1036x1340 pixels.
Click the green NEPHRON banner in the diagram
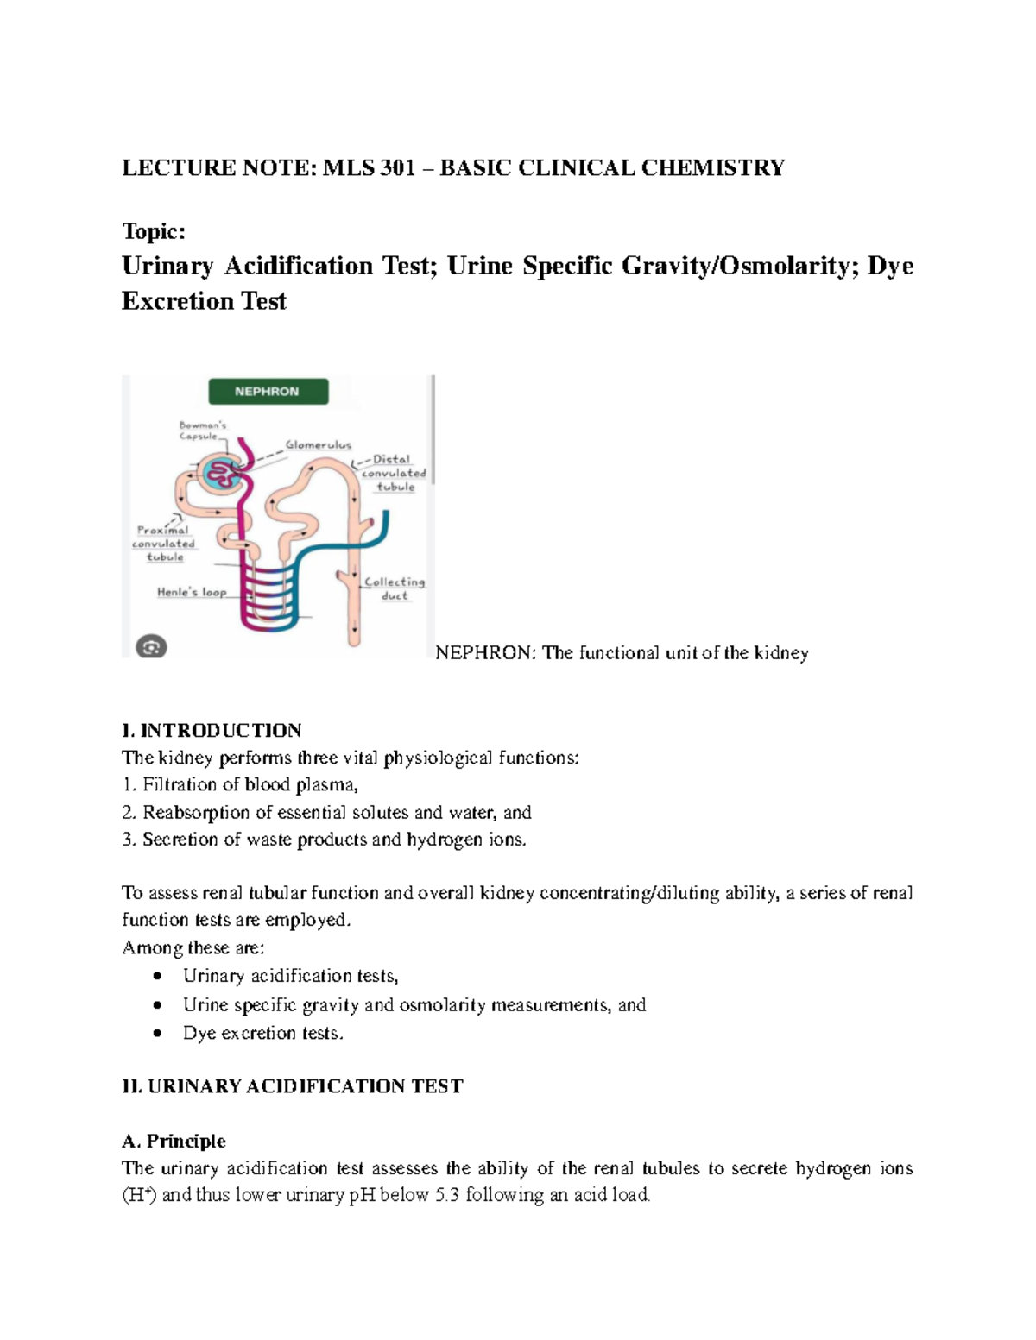268,391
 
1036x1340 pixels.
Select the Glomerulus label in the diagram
319,445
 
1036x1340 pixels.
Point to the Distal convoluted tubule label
394,473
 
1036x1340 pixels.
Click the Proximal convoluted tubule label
163,544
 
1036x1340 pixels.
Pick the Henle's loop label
191,592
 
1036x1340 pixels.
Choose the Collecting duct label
395,588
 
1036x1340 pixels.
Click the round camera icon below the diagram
152,646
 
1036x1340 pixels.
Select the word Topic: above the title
154,231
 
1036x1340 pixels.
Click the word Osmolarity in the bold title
782,266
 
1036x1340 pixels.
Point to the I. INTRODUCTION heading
212,731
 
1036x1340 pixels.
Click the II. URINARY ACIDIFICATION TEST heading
293,1086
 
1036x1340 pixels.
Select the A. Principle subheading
174,1141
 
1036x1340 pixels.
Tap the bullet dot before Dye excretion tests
156,1033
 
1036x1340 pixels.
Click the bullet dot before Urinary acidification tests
156,977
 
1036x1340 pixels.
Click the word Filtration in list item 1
179,785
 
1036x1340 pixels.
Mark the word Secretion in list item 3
180,840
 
